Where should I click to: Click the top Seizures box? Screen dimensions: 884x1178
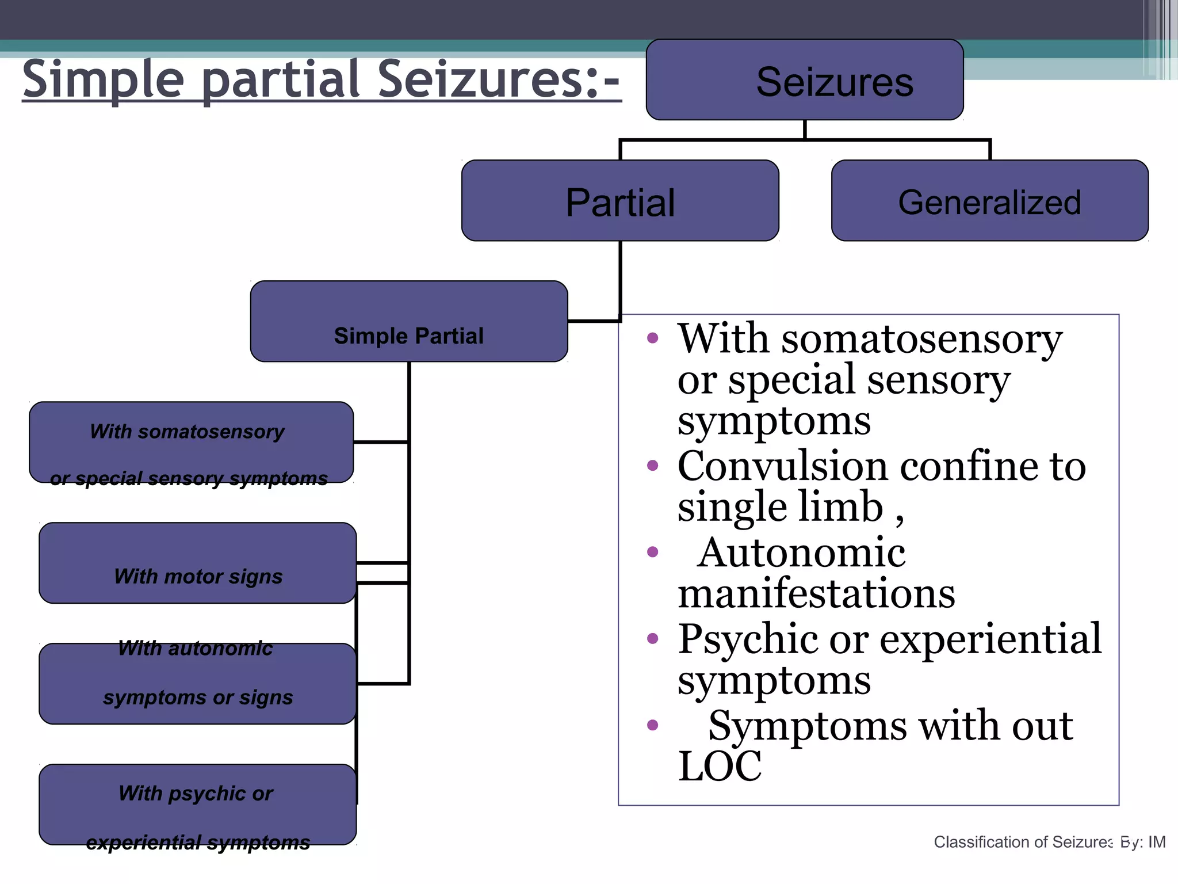(804, 81)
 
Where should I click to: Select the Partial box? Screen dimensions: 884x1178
(620, 201)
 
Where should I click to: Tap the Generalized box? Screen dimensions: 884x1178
(989, 201)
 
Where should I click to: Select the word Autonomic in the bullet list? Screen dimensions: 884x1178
(801, 552)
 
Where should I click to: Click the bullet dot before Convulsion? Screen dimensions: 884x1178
(652, 466)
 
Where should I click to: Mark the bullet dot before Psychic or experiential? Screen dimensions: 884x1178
(652, 638)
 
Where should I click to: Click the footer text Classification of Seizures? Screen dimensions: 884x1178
(1023, 842)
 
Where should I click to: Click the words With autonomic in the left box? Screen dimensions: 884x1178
(196, 649)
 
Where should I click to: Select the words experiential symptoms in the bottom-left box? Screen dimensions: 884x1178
(198, 843)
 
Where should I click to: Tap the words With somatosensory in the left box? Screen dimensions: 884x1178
(188, 432)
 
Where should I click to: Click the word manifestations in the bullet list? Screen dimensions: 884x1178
(816, 594)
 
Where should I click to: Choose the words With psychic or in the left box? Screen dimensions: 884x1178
(196, 793)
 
